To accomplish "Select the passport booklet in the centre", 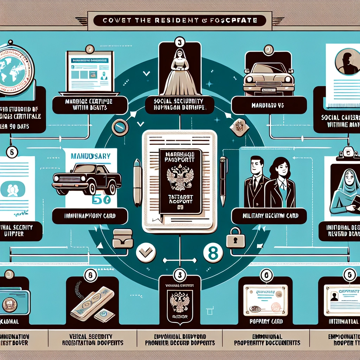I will pyautogui.click(x=180, y=181).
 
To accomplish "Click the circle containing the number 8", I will pyautogui.click(x=213, y=253).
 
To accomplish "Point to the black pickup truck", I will pyautogui.click(x=86, y=178).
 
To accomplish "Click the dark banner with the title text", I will pyautogui.click(x=180, y=21).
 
